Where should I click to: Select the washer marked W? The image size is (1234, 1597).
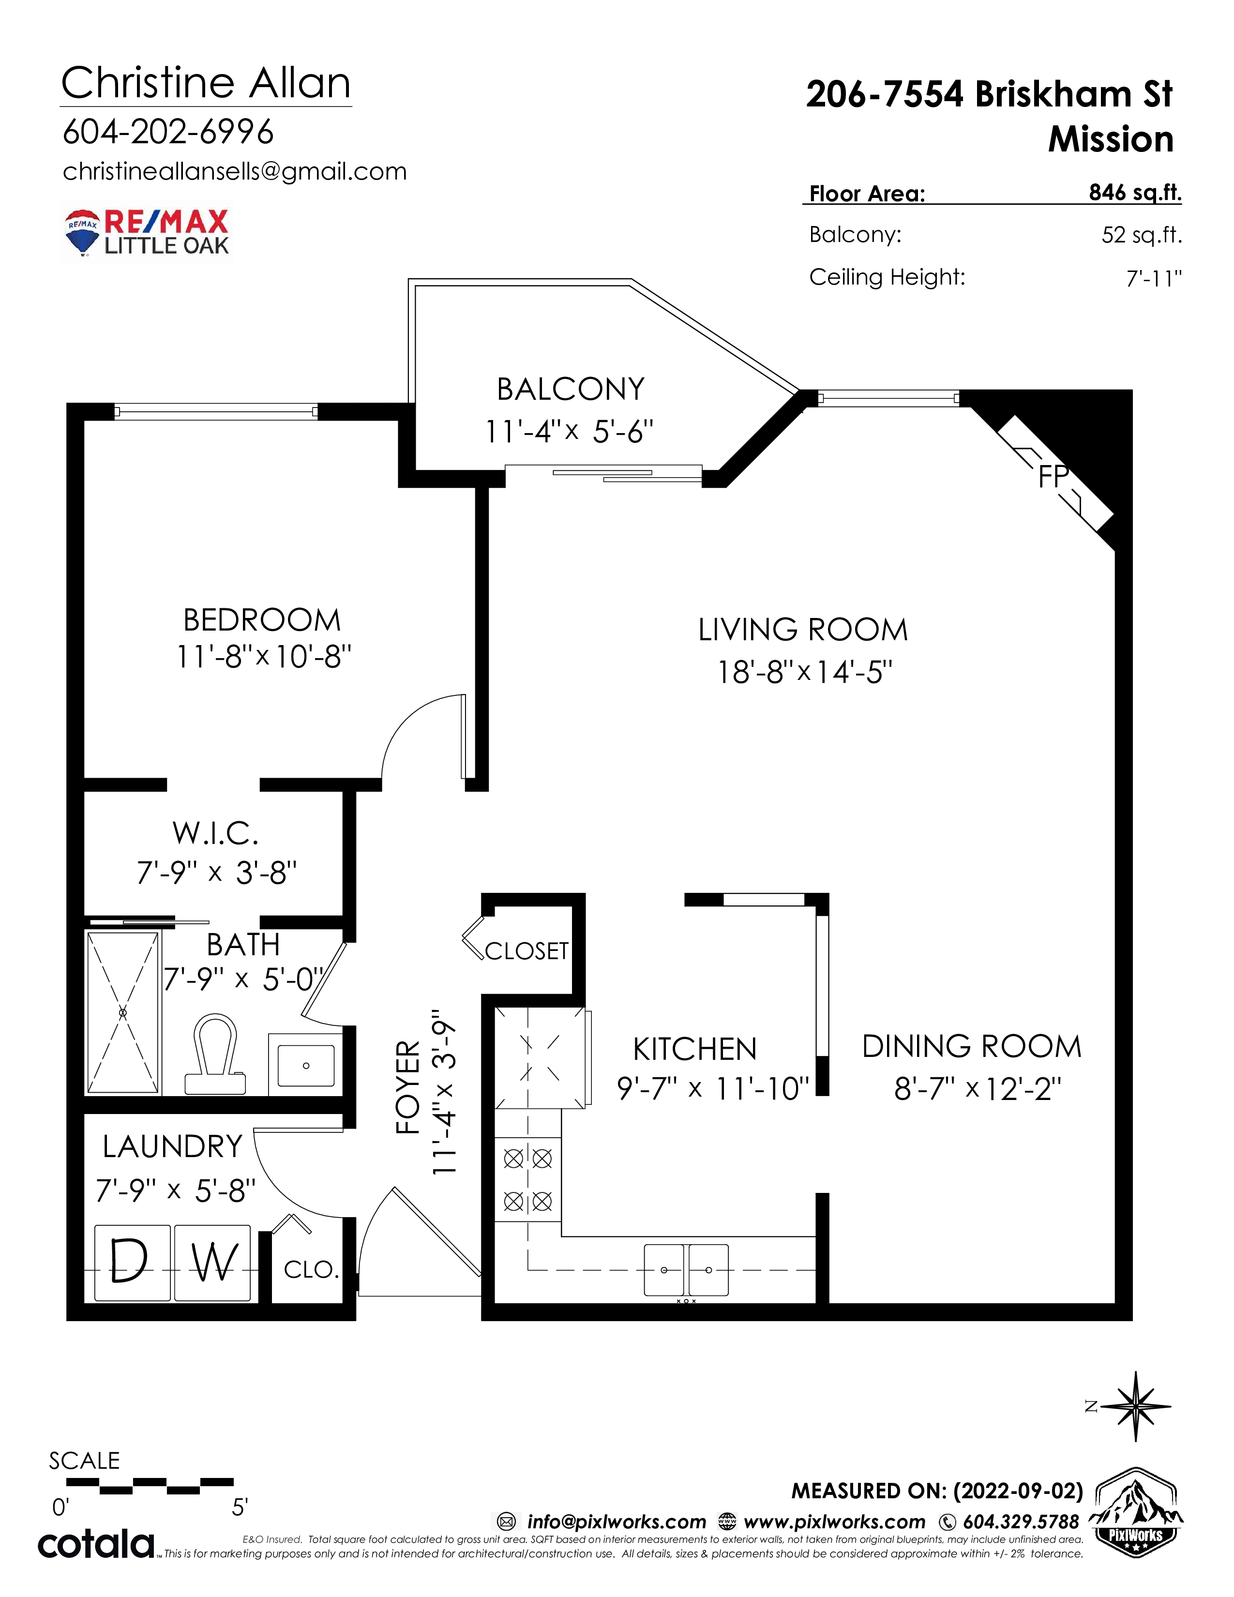pos(213,1263)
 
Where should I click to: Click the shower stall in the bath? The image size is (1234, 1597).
pos(123,1013)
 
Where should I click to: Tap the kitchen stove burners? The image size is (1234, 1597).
pos(528,1179)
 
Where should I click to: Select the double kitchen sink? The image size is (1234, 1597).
pos(686,1270)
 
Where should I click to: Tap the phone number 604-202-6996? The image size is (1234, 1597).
pos(168,132)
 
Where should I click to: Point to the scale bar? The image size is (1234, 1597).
pos(150,1486)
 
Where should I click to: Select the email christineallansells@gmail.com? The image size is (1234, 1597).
pos(235,171)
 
